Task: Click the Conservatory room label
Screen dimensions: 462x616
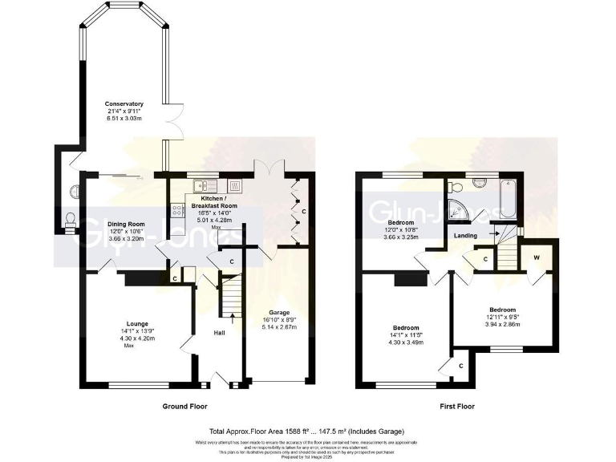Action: [124, 104]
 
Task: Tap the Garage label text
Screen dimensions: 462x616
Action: [278, 312]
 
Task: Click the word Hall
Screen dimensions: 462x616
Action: [219, 332]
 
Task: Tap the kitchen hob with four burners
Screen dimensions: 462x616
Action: [176, 211]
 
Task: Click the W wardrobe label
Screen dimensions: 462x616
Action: [535, 258]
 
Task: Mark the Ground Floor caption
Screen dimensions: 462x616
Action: [185, 407]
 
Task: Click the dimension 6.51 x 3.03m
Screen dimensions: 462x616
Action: [124, 119]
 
